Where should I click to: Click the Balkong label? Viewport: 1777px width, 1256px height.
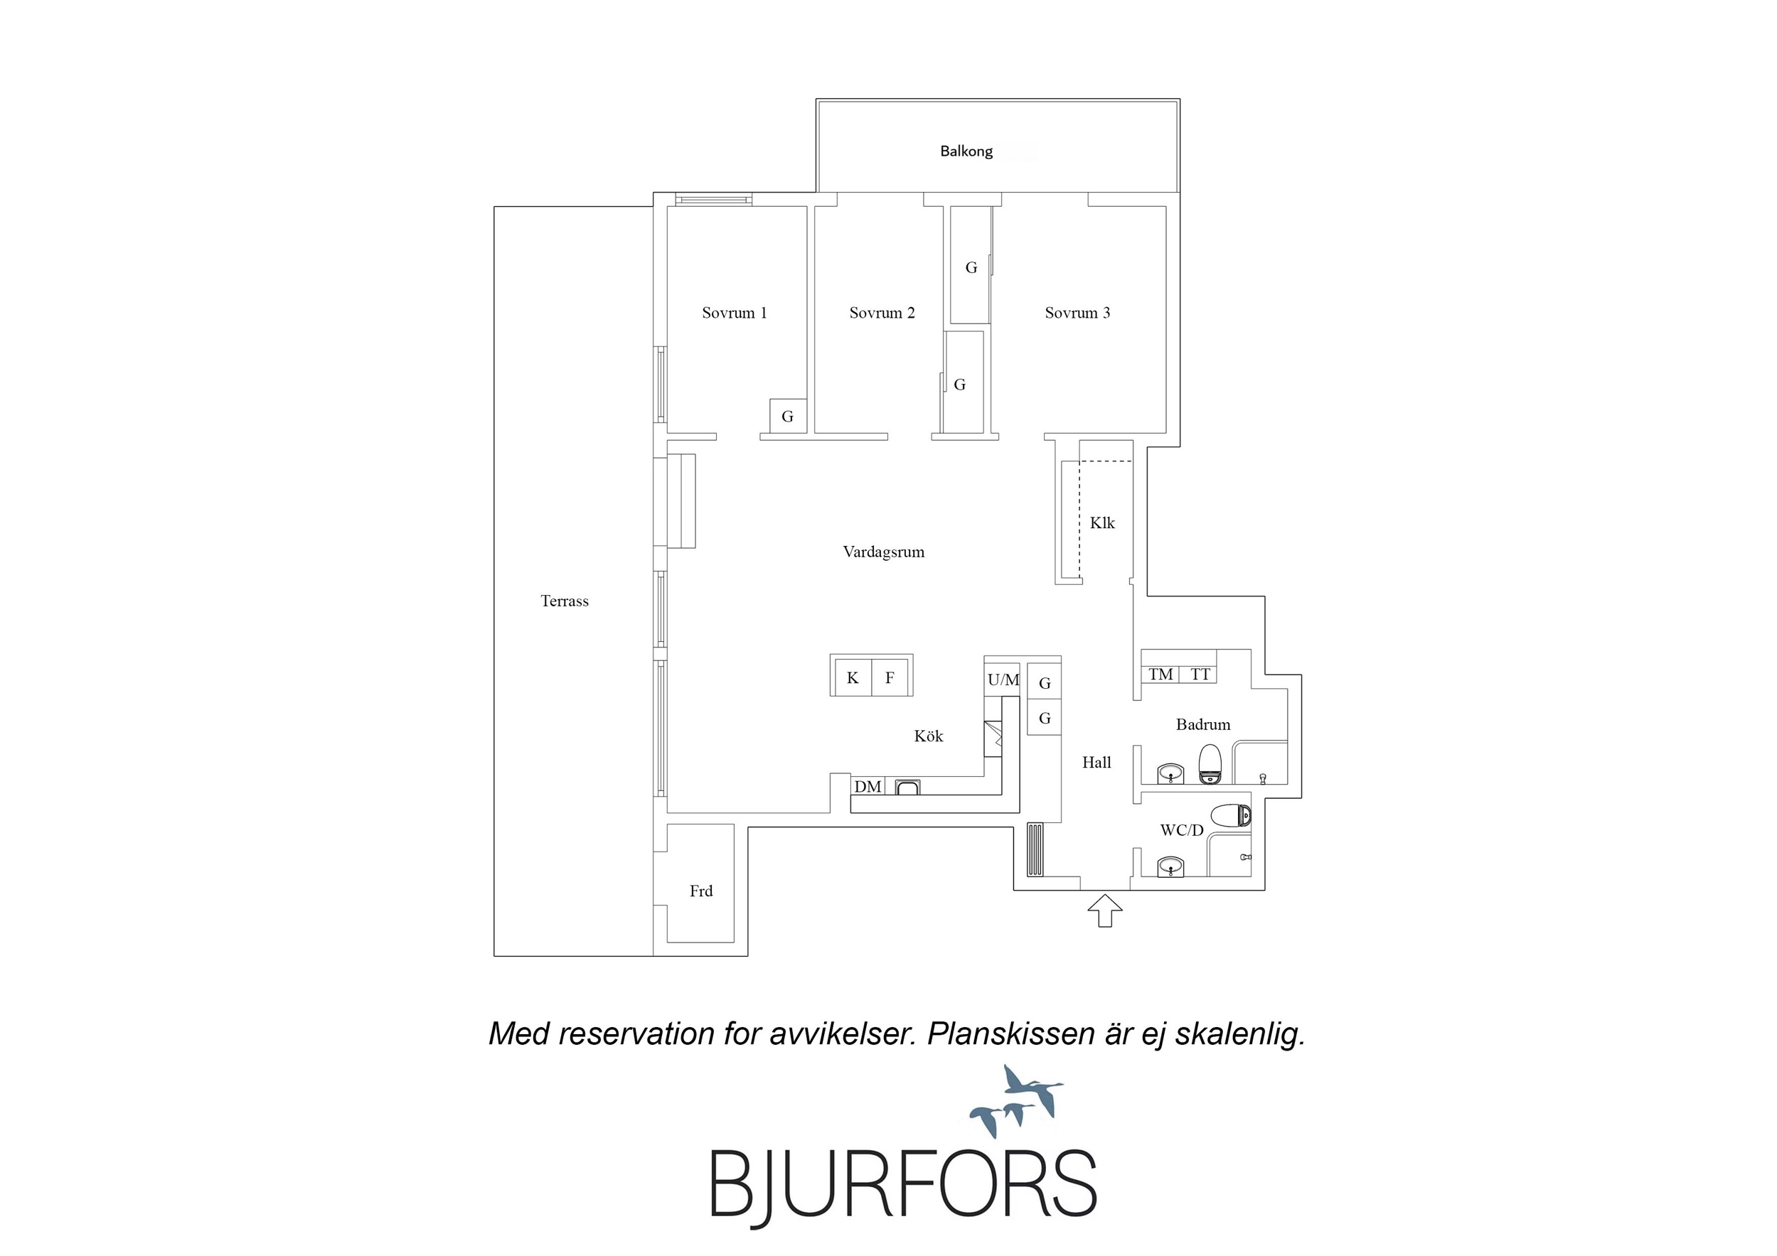[x=966, y=151]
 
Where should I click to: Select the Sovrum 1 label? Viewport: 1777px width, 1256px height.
[x=734, y=313]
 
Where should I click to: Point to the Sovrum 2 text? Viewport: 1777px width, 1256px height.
[x=882, y=313]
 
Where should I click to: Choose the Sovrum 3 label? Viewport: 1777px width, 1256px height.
[x=1077, y=313]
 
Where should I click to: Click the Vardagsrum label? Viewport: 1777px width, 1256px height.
[x=883, y=552]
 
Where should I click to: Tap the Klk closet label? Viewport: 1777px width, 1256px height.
[x=1102, y=523]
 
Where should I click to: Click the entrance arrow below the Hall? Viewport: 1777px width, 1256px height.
[x=1104, y=910]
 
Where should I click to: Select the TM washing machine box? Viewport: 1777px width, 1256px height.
[x=1161, y=674]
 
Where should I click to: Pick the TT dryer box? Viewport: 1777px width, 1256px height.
[x=1198, y=674]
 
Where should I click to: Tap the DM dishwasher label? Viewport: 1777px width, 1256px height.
[x=868, y=786]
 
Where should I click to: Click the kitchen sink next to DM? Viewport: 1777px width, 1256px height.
[x=908, y=788]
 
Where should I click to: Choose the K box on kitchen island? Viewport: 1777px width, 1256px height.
[x=852, y=678]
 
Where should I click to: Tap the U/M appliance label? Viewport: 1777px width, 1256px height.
[x=1003, y=680]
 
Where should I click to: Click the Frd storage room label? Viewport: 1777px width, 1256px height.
[x=701, y=891]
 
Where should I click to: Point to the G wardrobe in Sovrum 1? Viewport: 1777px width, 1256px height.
[x=788, y=417]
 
